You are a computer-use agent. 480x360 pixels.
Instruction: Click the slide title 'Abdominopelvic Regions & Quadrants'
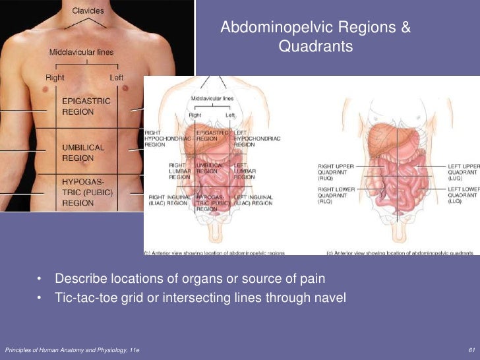point(315,38)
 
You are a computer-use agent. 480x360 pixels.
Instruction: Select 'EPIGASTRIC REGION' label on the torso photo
point(86,106)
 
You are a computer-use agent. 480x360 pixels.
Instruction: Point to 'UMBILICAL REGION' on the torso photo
point(83,153)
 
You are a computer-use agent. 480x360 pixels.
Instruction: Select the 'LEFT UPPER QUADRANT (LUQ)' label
point(463,171)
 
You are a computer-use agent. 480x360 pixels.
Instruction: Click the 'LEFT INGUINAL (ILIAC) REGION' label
point(253,200)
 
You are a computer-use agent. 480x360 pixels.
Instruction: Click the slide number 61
point(470,348)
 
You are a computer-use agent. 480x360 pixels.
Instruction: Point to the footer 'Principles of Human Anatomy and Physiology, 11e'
point(72,348)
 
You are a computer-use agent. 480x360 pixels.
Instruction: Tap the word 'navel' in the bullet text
point(330,297)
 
